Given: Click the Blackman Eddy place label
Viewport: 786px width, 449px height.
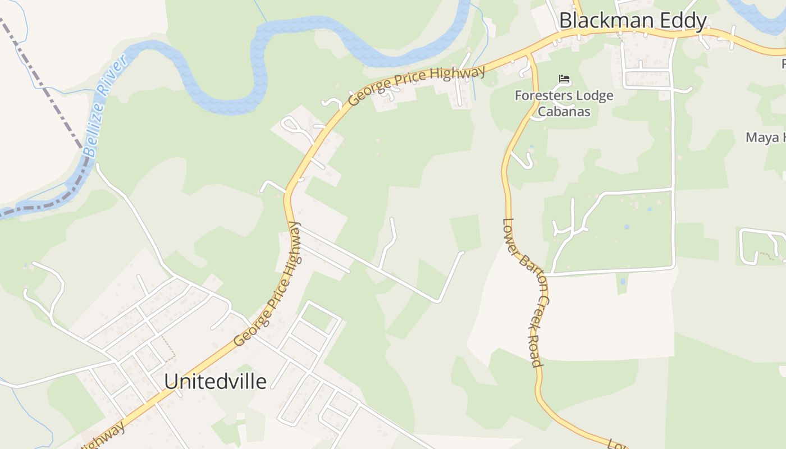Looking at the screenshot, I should (x=633, y=21).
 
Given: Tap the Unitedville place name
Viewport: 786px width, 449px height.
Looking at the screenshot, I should (x=215, y=382).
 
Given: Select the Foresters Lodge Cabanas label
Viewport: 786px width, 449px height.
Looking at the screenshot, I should (x=564, y=103).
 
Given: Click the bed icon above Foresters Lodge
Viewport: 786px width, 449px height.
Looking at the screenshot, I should (x=564, y=79).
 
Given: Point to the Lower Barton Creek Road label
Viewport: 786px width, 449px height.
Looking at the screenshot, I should (x=523, y=292).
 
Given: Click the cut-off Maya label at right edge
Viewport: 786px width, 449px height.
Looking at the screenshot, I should (x=765, y=138).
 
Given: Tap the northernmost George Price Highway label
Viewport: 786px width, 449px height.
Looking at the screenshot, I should (x=416, y=86).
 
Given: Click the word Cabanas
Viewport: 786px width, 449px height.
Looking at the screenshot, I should (x=564, y=111).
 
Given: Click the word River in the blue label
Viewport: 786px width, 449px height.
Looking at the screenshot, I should (x=111, y=79).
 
